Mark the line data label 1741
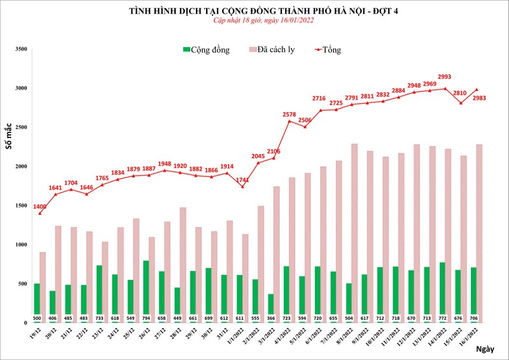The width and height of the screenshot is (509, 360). pos(242,180)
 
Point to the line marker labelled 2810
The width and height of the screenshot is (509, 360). pos(461,103)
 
